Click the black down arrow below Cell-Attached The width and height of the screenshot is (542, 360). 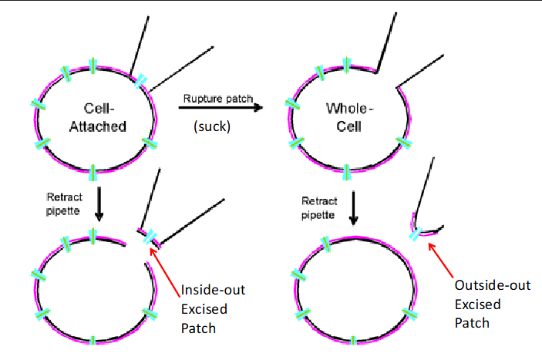[99, 205]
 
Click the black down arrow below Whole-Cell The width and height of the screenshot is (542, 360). [353, 207]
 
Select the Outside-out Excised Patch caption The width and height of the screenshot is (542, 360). [492, 304]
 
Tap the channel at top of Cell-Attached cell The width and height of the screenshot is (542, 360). [93, 66]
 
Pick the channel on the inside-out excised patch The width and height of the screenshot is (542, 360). [150, 237]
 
